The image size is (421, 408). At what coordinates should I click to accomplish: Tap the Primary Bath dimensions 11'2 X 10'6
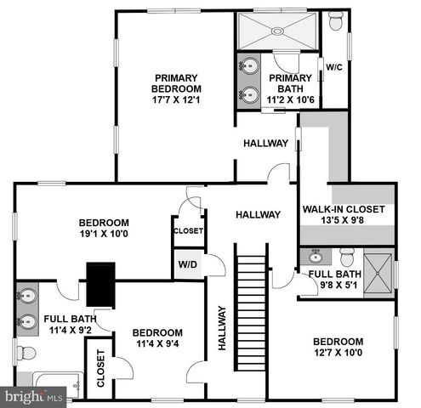point(291,99)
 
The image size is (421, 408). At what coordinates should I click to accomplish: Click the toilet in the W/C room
point(335,21)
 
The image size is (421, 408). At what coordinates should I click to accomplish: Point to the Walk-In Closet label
point(344,209)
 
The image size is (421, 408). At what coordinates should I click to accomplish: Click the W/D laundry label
point(187,264)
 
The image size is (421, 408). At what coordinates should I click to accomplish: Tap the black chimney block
point(101,285)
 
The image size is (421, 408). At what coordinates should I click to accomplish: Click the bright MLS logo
point(34,396)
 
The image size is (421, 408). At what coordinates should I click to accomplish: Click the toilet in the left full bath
point(26,351)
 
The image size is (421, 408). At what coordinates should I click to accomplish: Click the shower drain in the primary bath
point(276,30)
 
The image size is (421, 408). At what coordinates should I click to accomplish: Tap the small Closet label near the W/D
point(188,230)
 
